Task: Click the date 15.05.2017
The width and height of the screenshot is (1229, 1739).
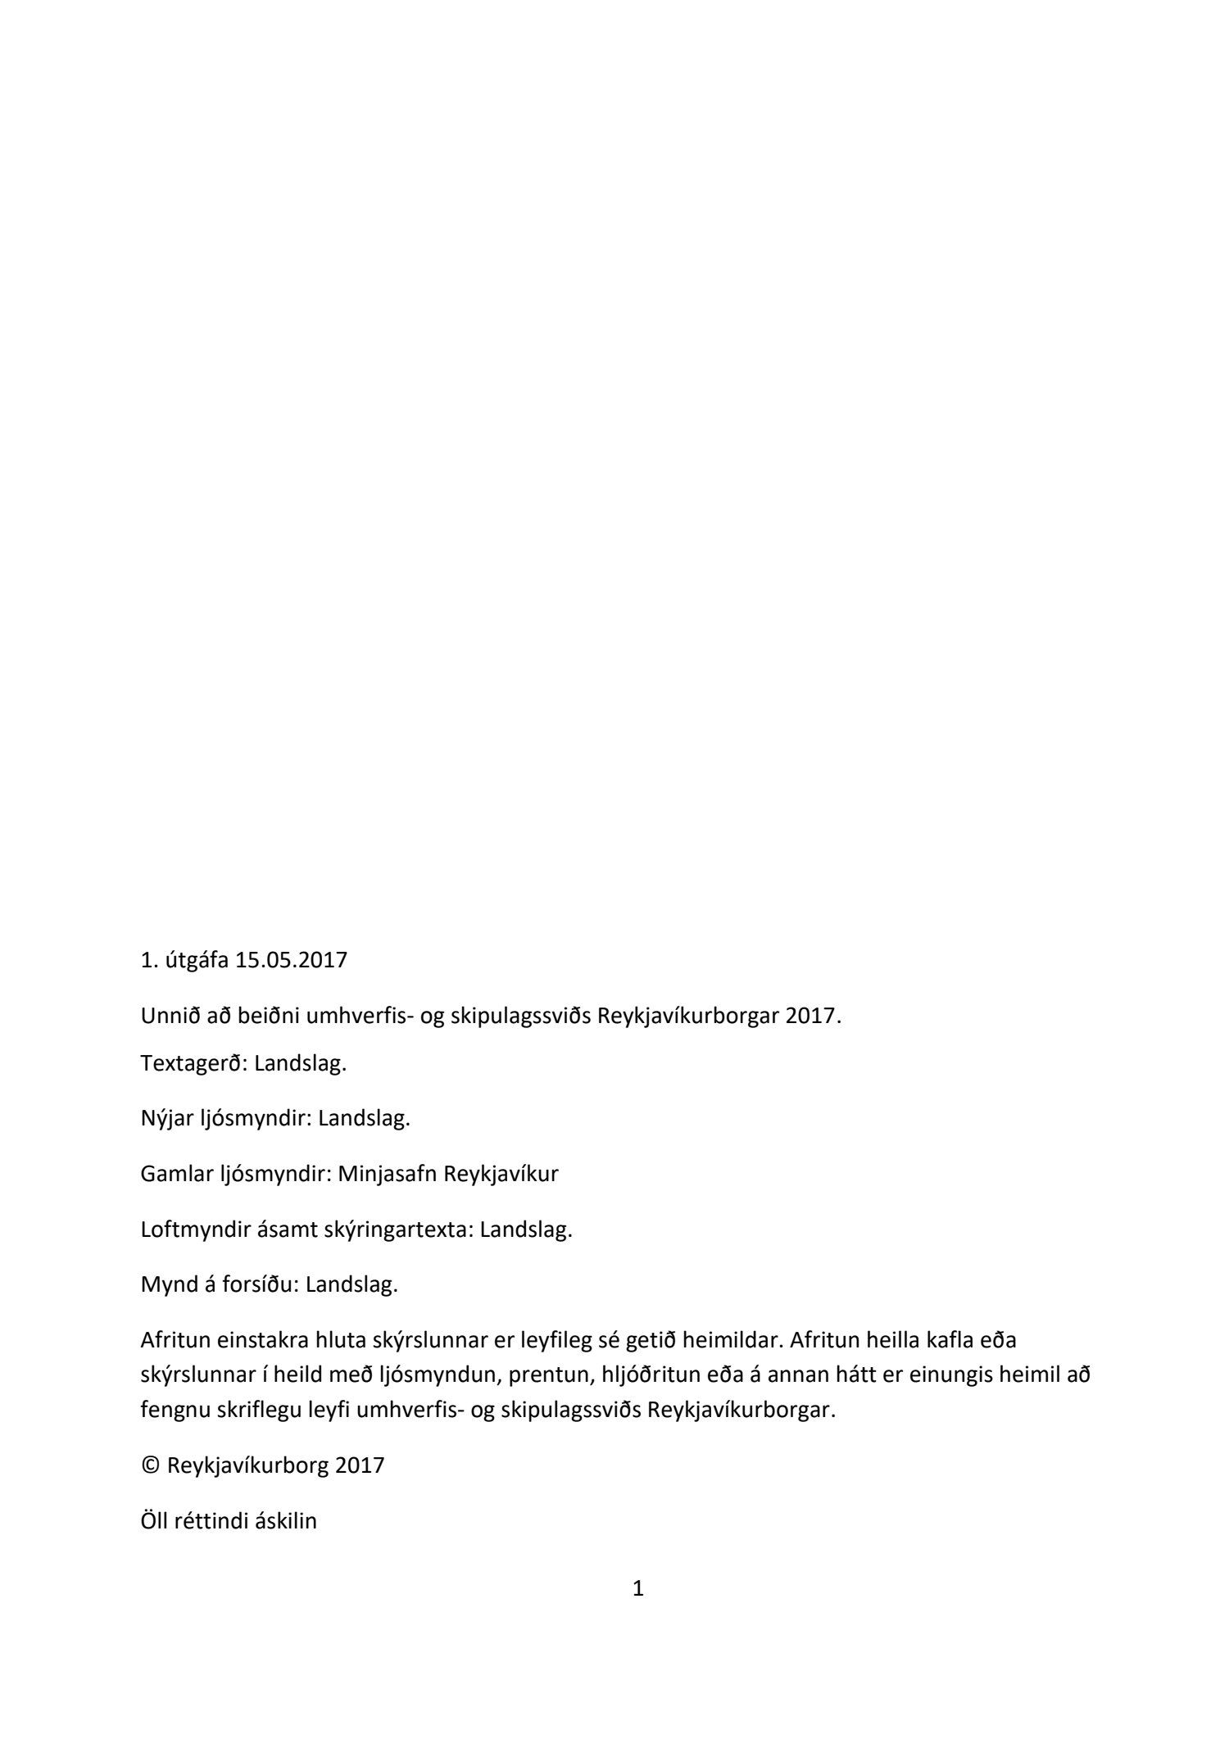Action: pyautogui.click(x=291, y=960)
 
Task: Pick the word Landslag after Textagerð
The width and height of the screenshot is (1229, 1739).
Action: pyautogui.click(x=301, y=1064)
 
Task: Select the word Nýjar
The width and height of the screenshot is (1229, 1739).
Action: pyautogui.click(x=167, y=1119)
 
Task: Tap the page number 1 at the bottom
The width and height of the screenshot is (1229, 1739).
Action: pyautogui.click(x=639, y=1590)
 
